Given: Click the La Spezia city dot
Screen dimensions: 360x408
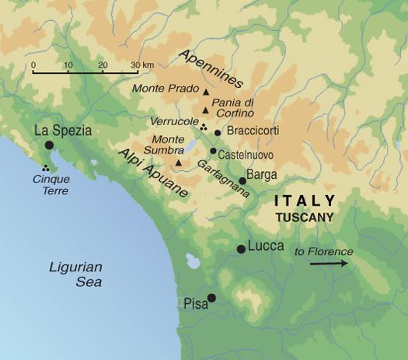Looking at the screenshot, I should pyautogui.click(x=49, y=145).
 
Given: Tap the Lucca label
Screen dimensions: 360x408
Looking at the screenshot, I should pyautogui.click(x=266, y=246).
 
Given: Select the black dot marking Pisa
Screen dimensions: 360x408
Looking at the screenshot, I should pyautogui.click(x=211, y=297).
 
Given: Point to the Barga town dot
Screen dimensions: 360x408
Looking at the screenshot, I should pyautogui.click(x=242, y=180).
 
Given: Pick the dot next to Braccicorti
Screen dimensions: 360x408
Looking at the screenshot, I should pyautogui.click(x=218, y=132).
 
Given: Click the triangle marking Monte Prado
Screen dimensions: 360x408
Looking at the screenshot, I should pyautogui.click(x=206, y=93).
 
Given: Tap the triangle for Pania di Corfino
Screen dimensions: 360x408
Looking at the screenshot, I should pyautogui.click(x=205, y=110).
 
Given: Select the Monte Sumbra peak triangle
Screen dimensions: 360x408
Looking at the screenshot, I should pyautogui.click(x=179, y=163).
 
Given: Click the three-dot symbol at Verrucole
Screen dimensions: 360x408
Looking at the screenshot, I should pyautogui.click(x=203, y=126).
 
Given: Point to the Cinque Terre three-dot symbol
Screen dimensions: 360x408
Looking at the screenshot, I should pyautogui.click(x=46, y=167).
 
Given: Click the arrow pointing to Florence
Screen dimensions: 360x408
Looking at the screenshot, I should pyautogui.click(x=327, y=264).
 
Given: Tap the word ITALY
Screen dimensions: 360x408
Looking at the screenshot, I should pyautogui.click(x=305, y=201).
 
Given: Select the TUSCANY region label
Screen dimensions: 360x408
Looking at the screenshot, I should pyautogui.click(x=305, y=217).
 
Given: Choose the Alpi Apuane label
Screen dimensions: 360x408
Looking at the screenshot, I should pyautogui.click(x=153, y=172).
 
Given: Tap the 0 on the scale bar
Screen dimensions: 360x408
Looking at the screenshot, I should pyautogui.click(x=33, y=65).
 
